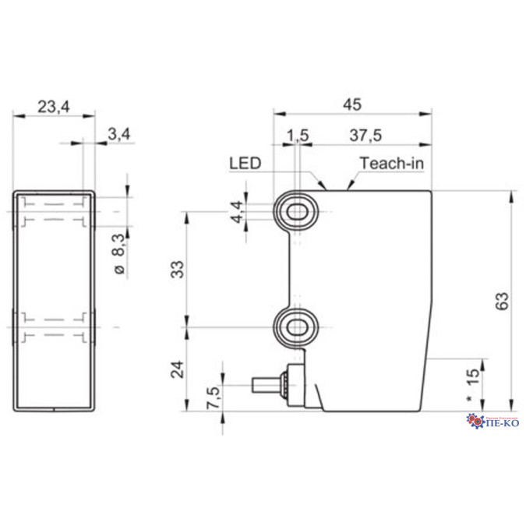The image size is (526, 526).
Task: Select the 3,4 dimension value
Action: [118, 135]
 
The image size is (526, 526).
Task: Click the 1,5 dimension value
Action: [298, 136]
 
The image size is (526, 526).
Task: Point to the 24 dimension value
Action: [178, 368]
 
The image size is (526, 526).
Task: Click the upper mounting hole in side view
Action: [297, 210]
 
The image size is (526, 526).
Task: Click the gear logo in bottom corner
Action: [475, 422]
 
